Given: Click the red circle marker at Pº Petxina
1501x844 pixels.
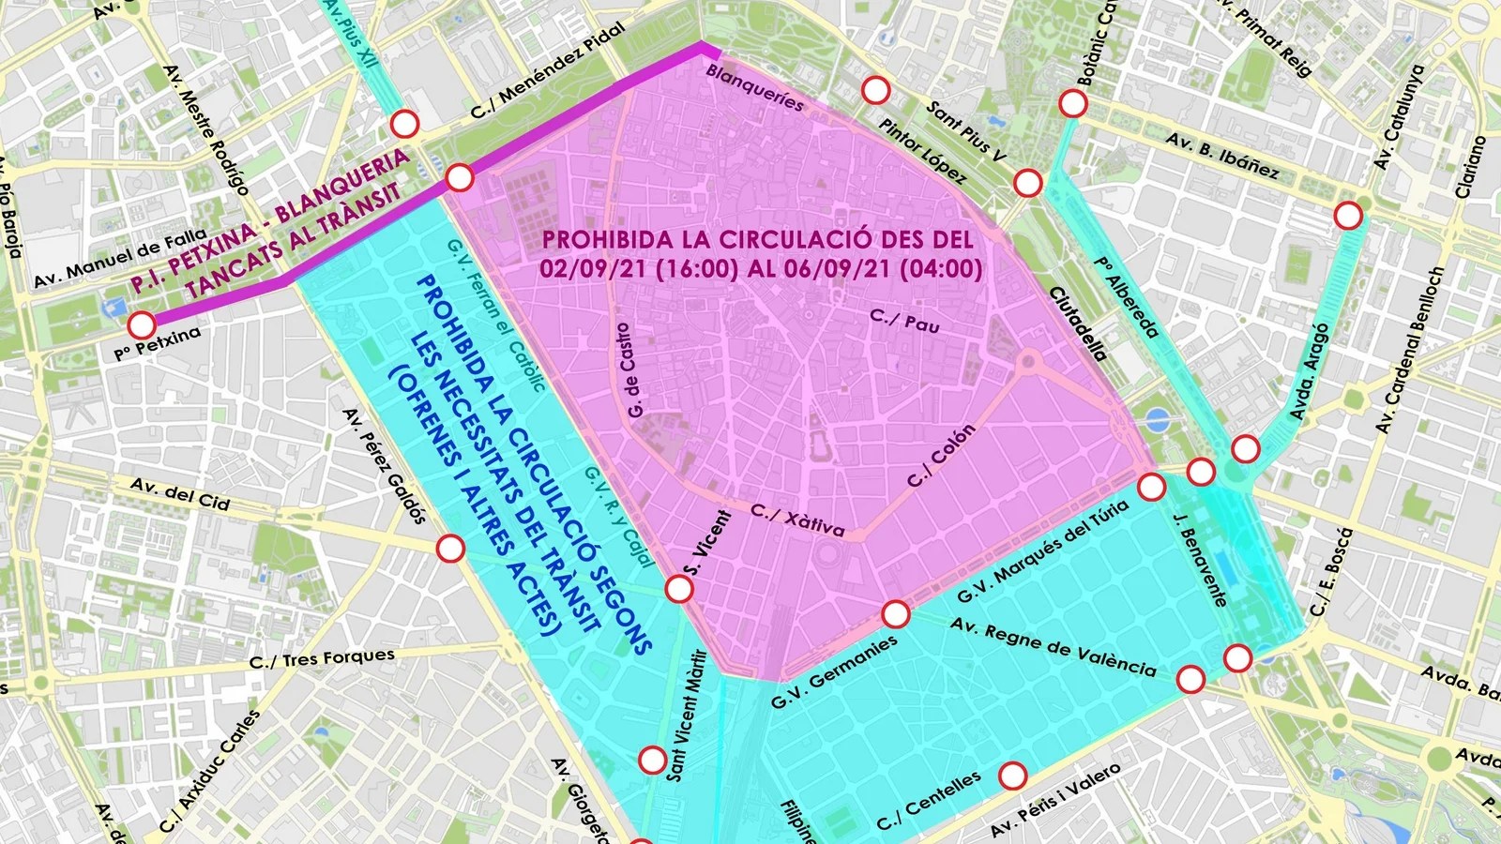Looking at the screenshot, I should tap(142, 325).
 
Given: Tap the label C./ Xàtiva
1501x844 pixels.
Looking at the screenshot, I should tap(797, 520).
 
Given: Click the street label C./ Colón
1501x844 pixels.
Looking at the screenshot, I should tap(941, 456).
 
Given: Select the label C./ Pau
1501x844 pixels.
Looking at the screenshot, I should tap(904, 321).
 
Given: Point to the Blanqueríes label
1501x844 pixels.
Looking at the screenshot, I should tap(755, 87).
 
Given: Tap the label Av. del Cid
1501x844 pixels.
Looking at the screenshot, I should tap(179, 494).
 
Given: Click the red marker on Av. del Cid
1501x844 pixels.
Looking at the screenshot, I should tap(450, 549).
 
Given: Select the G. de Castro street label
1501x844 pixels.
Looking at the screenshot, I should tap(632, 370).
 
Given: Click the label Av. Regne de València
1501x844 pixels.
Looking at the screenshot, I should tap(1053, 647).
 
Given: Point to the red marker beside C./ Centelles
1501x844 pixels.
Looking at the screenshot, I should tap(1012, 776).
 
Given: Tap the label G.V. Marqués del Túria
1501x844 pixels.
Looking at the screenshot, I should tap(1042, 552).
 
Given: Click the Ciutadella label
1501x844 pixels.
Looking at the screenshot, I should tap(1079, 324).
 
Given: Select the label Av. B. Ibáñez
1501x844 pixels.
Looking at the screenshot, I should tap(1221, 155).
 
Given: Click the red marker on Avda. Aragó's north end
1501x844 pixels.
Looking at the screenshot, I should tap(1348, 216).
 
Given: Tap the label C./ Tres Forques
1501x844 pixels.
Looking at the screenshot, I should tap(322, 658).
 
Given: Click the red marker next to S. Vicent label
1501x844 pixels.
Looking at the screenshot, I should tap(679, 589).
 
